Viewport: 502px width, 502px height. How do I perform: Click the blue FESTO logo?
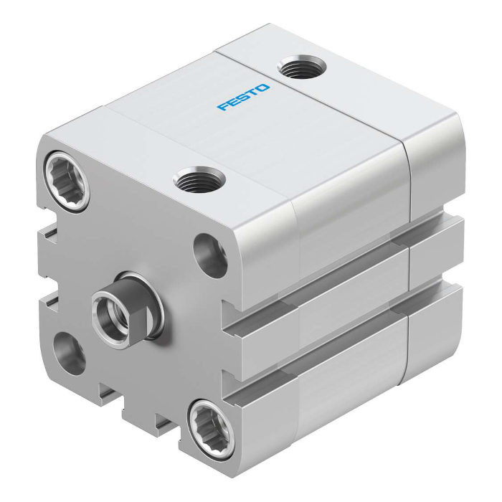tap(243, 97)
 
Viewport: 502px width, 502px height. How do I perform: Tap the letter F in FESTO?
tap(222, 107)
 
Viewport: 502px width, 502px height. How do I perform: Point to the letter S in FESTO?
tap(243, 97)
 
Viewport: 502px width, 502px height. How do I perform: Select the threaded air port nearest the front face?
tap(199, 179)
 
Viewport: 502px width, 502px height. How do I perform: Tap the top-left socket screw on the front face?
tap(66, 181)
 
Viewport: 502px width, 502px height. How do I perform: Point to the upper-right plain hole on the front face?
tap(210, 255)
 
